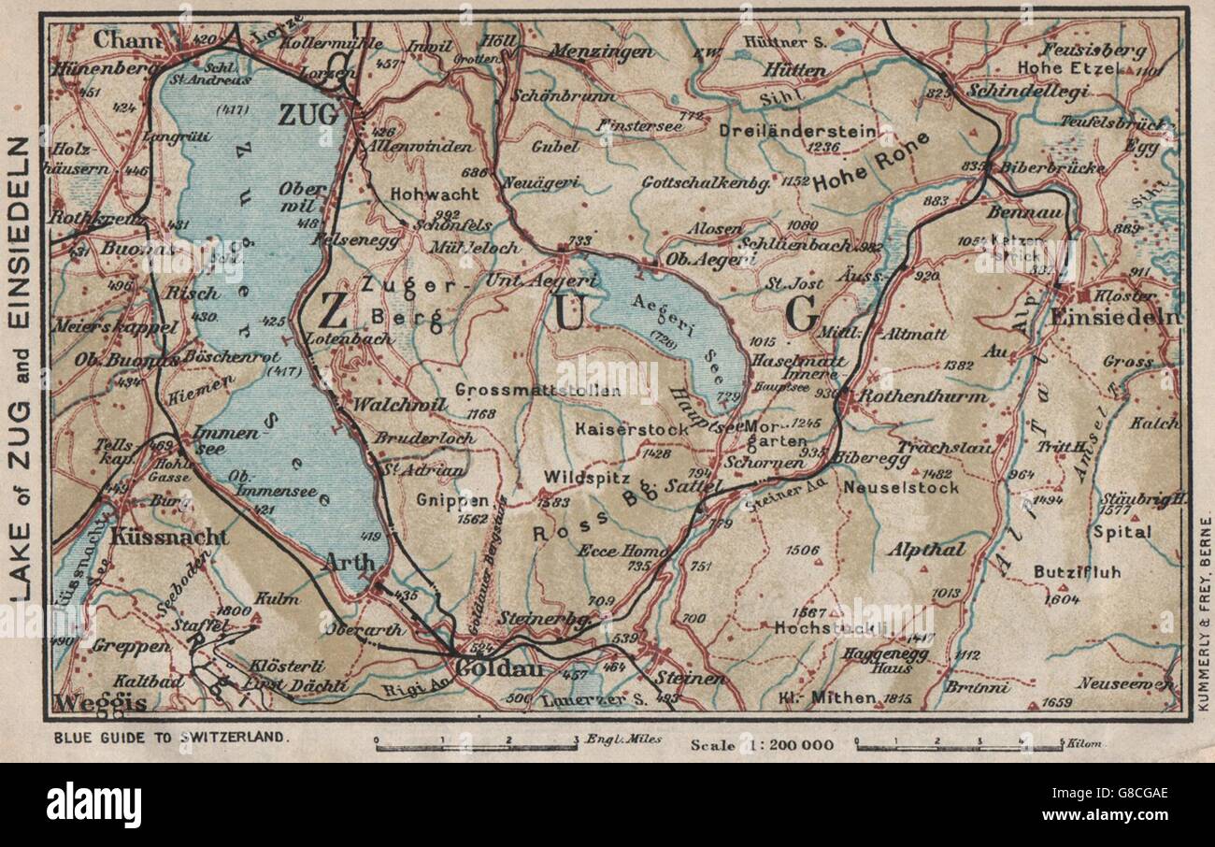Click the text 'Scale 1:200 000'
click(x=762, y=744)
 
